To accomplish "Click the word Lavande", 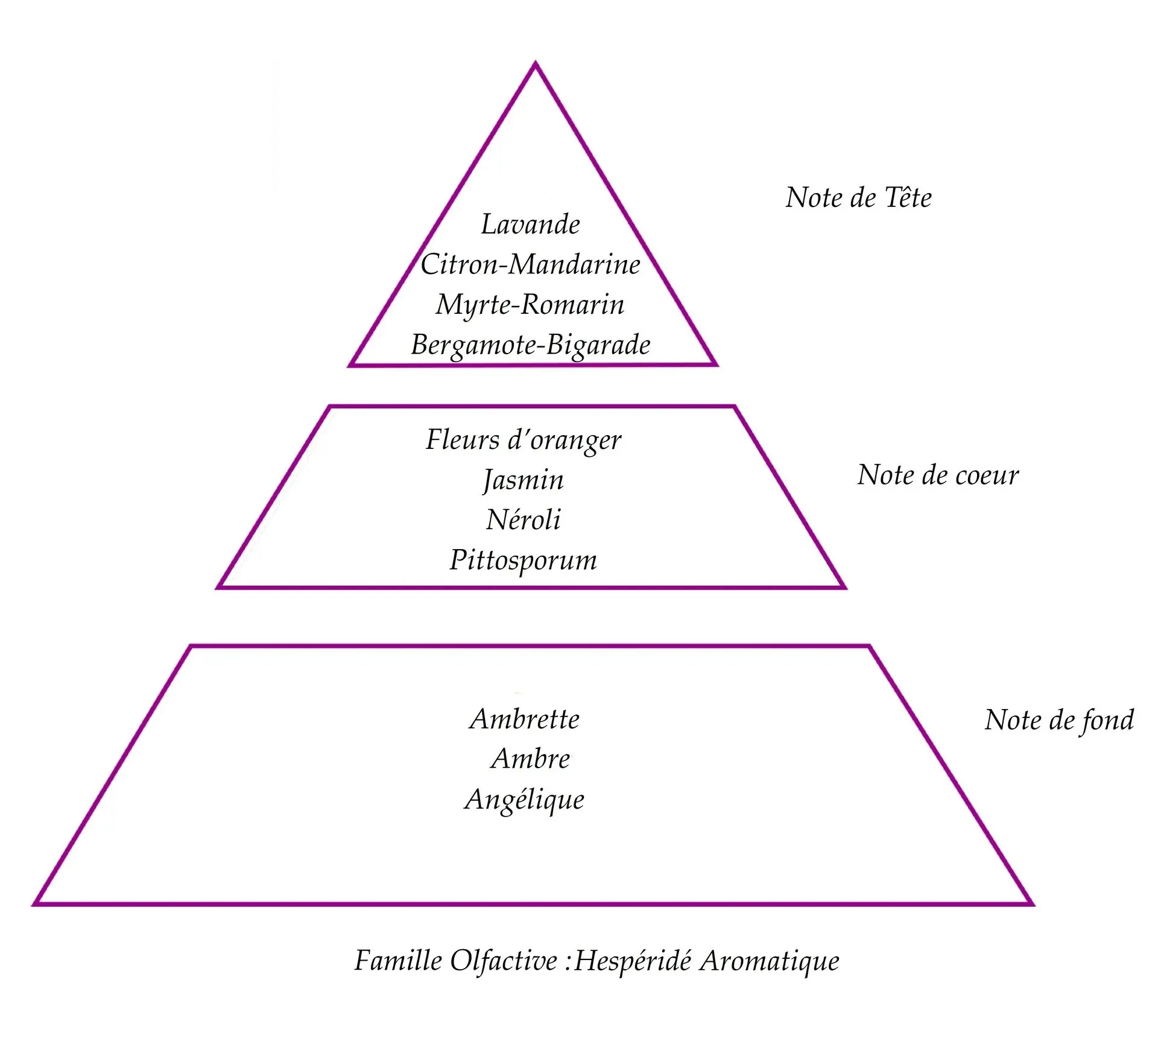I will click(530, 224).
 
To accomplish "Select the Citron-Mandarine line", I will click(530, 264).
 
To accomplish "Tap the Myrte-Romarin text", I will click(530, 304).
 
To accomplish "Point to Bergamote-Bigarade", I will click(531, 345).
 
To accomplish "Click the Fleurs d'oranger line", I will click(523, 440).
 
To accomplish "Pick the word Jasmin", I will click(523, 480).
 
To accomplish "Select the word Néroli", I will click(523, 520).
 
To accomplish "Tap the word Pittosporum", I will click(523, 560).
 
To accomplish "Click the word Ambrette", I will click(524, 719).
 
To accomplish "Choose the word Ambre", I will click(530, 758).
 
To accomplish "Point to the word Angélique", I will click(524, 800).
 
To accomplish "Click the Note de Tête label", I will click(858, 198).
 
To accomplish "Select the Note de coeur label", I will click(938, 475).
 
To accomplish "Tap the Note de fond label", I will click(1059, 720).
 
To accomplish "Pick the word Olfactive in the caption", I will click(504, 961).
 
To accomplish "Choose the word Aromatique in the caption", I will click(769, 961).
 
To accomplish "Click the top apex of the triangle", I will click(535, 64).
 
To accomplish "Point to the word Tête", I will click(908, 198).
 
